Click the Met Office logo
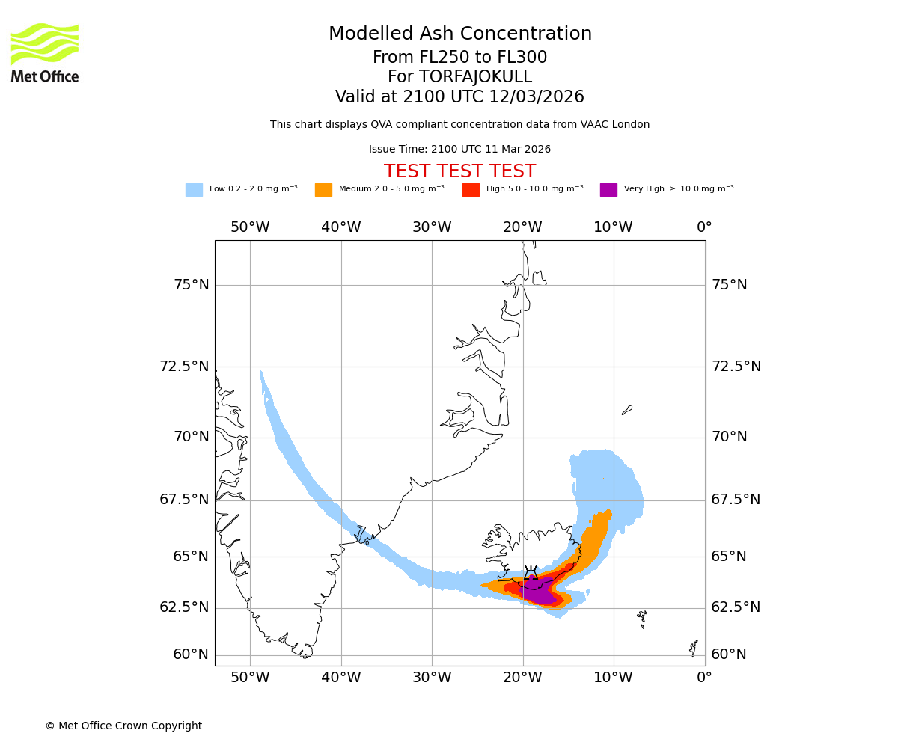45,52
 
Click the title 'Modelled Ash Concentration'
460,34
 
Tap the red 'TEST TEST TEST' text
459,171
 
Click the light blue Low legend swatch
194,190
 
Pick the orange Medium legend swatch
323,190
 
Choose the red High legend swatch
471,190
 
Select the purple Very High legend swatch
608,190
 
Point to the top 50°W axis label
250,227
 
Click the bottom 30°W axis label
432,678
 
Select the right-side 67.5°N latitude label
736,500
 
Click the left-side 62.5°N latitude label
184,607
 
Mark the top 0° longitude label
704,227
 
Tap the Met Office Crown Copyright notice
123,726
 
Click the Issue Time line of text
459,149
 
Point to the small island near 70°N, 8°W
627,410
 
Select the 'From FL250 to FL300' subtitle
459,58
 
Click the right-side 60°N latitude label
729,654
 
